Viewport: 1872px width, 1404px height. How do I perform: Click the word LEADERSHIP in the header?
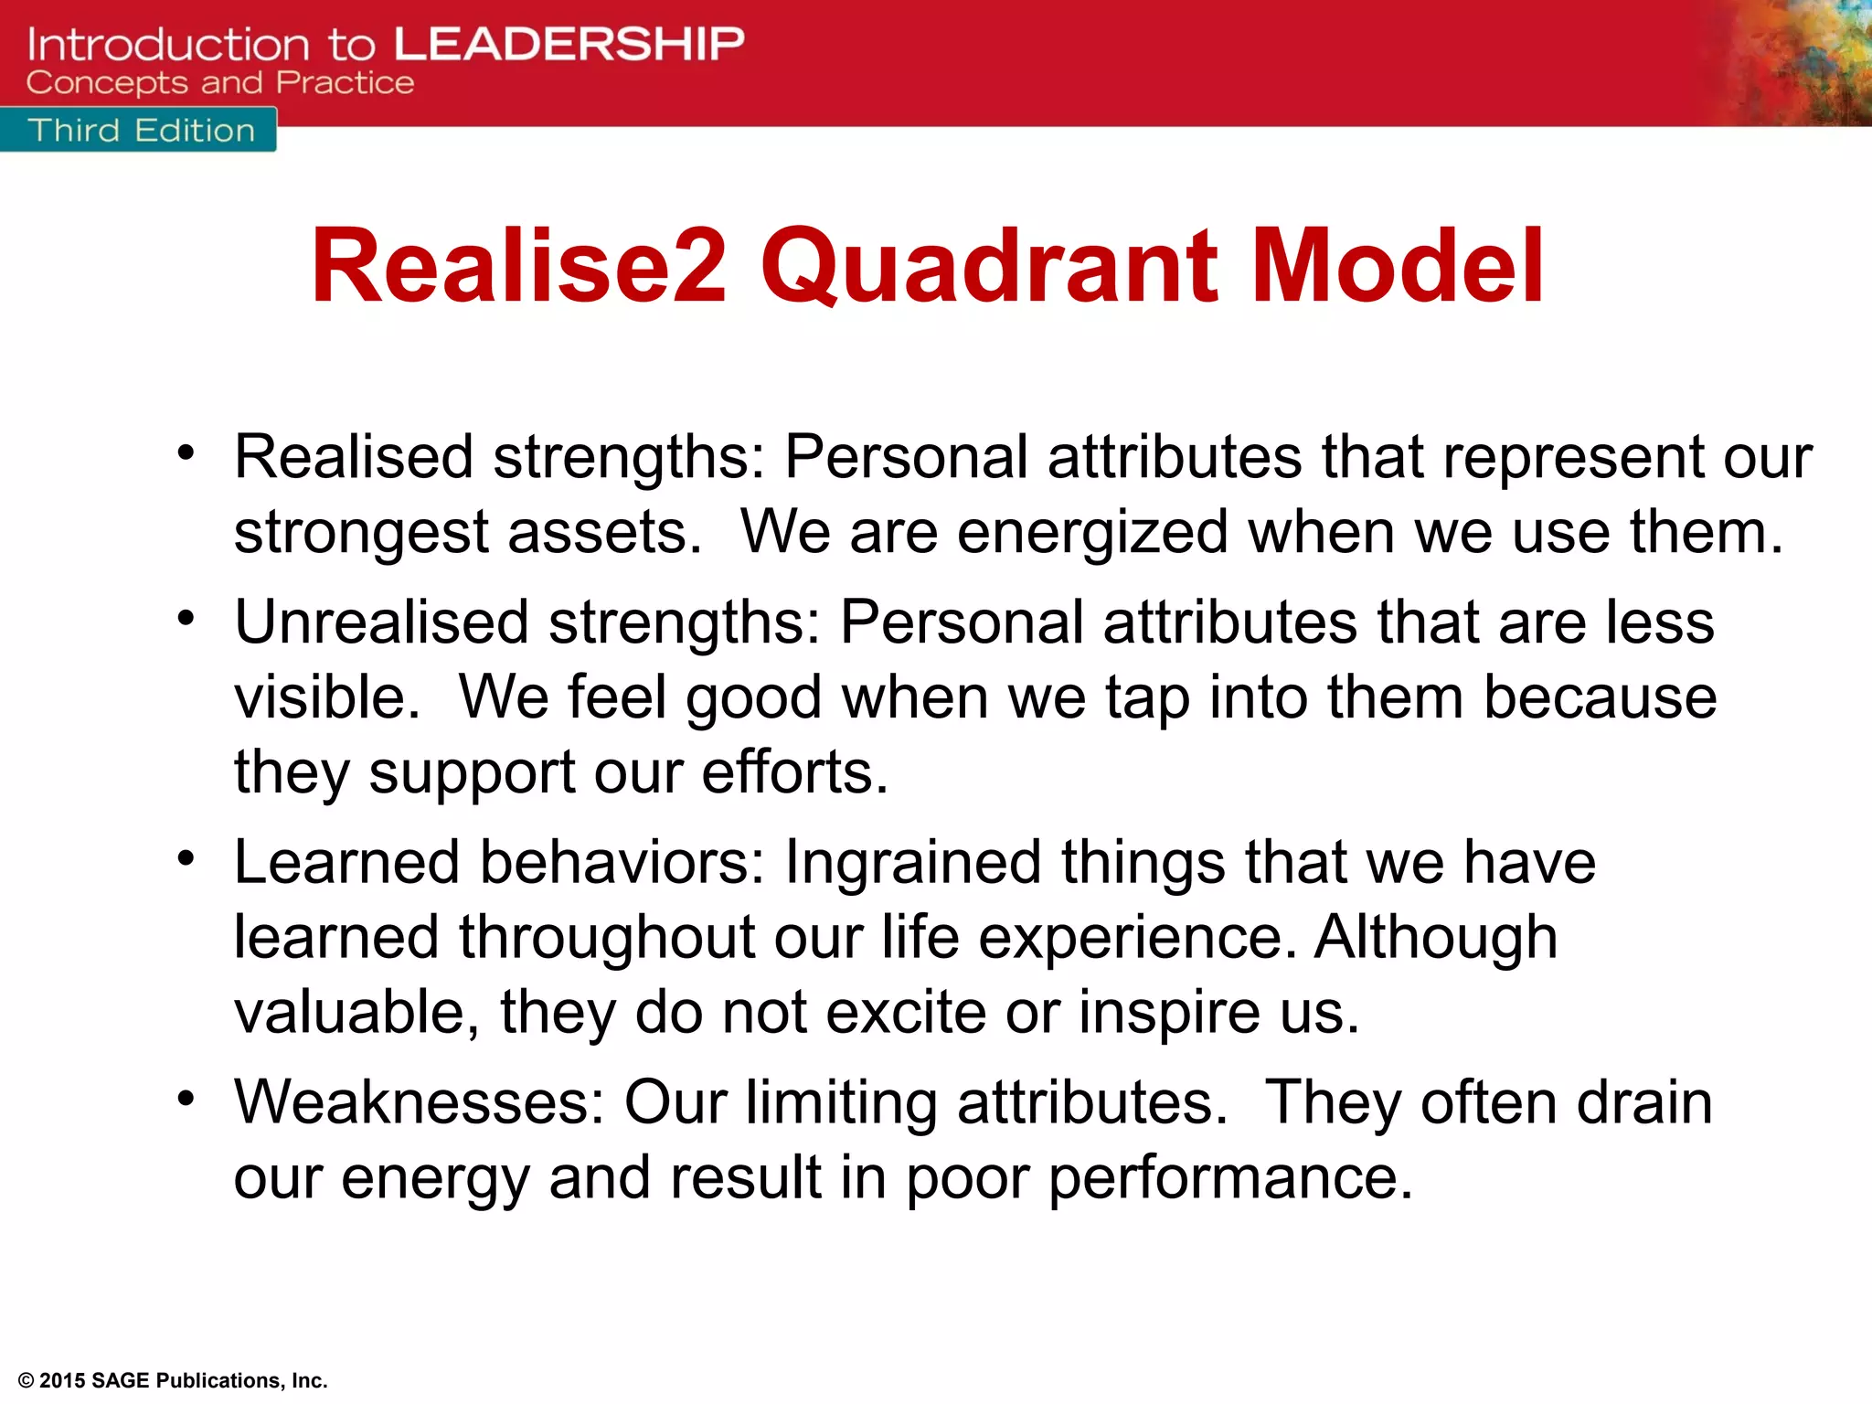[x=569, y=44]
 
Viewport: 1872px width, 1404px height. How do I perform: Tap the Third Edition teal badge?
[x=139, y=131]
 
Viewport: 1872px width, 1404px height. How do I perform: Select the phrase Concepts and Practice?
[x=219, y=83]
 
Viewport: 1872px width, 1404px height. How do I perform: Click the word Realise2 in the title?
[x=518, y=266]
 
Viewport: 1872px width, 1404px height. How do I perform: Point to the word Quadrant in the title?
[x=989, y=266]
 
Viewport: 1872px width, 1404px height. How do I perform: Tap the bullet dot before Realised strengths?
[x=186, y=452]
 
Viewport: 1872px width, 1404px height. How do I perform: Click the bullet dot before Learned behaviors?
[x=186, y=858]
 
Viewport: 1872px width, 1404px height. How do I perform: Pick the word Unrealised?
[x=381, y=622]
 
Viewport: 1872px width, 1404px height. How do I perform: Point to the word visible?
[x=326, y=697]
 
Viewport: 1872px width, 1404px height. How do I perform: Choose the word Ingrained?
[x=912, y=862]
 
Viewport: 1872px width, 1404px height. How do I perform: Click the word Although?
[x=1435, y=938]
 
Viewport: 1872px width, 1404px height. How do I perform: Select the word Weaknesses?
[x=418, y=1101]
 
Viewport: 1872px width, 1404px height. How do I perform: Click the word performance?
[x=1229, y=1177]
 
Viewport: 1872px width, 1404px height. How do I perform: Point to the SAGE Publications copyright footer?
[x=173, y=1380]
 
